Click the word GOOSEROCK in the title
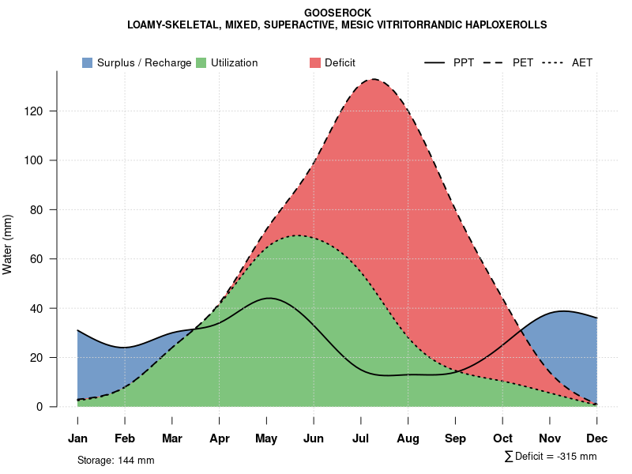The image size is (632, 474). pyautogui.click(x=337, y=13)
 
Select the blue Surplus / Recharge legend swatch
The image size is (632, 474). pyautogui.click(x=87, y=62)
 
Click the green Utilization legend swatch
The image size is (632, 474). pyautogui.click(x=201, y=62)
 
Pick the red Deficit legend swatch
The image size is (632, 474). pyautogui.click(x=314, y=62)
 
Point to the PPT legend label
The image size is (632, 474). pyautogui.click(x=464, y=62)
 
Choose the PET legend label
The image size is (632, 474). pyautogui.click(x=523, y=62)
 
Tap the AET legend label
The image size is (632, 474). pyautogui.click(x=582, y=62)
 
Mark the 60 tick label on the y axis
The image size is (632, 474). pyautogui.click(x=36, y=259)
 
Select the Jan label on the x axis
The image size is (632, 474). pyautogui.click(x=77, y=438)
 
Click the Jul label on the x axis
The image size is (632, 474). pyautogui.click(x=361, y=438)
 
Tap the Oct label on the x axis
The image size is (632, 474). pyautogui.click(x=502, y=438)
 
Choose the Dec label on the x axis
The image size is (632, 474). pyautogui.click(x=597, y=438)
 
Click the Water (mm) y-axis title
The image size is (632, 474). pyautogui.click(x=8, y=244)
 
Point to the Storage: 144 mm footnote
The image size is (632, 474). pyautogui.click(x=115, y=461)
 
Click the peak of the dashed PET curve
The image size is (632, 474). pyautogui.click(x=374, y=79)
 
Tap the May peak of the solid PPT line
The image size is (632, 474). pyautogui.click(x=269, y=298)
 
